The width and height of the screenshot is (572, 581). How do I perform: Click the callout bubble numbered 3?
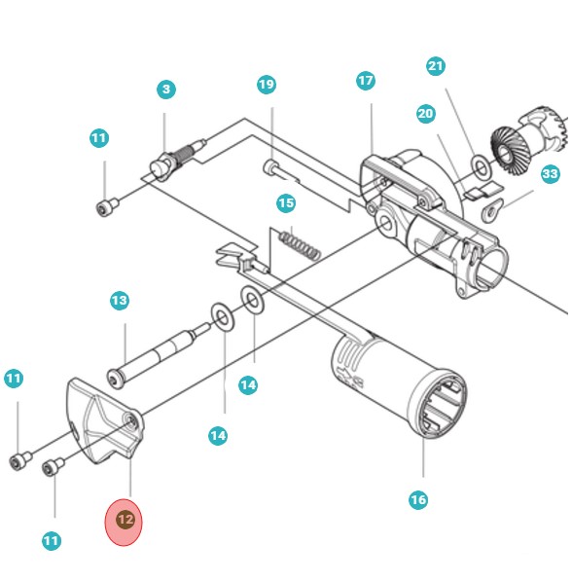click(x=166, y=90)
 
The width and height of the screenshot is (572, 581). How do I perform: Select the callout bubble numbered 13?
click(x=119, y=301)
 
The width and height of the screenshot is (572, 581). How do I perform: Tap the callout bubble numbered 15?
click(x=285, y=203)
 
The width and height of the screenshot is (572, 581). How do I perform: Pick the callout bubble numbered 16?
click(x=417, y=500)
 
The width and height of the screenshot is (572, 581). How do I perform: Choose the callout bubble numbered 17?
click(x=365, y=81)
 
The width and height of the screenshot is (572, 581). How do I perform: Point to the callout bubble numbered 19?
click(x=267, y=85)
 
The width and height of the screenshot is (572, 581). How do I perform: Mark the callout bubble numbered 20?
click(x=425, y=114)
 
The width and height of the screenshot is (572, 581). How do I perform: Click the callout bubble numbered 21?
click(x=435, y=66)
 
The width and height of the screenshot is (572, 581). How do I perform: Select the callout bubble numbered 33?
click(x=551, y=174)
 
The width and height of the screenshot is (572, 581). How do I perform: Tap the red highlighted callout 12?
click(x=125, y=521)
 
